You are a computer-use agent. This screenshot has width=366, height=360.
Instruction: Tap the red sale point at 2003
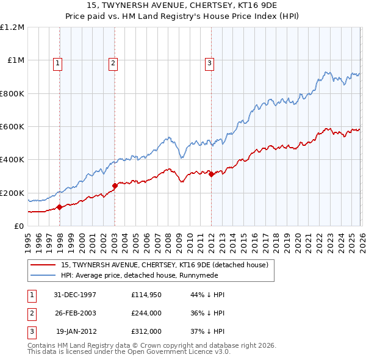pyautogui.click(x=115, y=185)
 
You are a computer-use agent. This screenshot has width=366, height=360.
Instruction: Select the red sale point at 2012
pyautogui.click(x=211, y=175)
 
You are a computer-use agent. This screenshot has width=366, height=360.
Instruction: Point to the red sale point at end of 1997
pyautogui.click(x=60, y=207)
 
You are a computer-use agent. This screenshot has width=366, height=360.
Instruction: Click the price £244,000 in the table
pyautogui.click(x=146, y=313)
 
